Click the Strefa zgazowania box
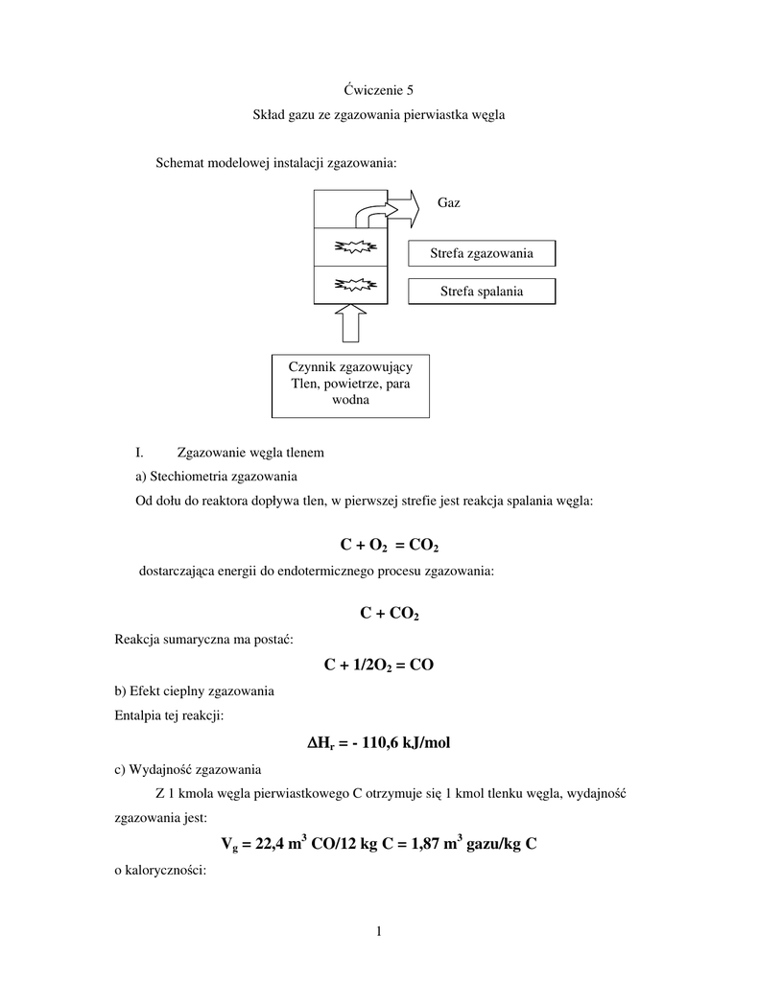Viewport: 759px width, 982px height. tap(483, 253)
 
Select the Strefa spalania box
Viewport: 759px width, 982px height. tap(482, 291)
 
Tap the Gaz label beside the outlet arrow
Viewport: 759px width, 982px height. tap(449, 203)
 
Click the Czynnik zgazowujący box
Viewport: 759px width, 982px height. tap(350, 385)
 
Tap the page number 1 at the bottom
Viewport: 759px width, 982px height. tap(379, 930)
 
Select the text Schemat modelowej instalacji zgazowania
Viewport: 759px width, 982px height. tap(276, 163)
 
